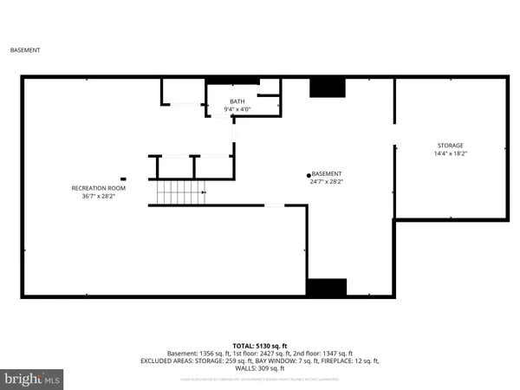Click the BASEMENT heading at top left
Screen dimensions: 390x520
click(x=25, y=50)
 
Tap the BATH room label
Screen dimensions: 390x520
click(x=237, y=101)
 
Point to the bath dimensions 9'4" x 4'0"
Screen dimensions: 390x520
click(x=237, y=110)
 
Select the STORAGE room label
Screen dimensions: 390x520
click(x=449, y=145)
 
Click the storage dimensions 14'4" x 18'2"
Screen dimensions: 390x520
click(x=449, y=153)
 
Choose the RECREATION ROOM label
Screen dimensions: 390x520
click(x=98, y=188)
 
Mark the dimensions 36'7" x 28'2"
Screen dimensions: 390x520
click(x=98, y=197)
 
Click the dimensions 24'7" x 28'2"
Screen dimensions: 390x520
click(x=327, y=182)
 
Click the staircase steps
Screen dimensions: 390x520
click(x=177, y=192)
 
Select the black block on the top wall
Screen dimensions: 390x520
click(x=328, y=87)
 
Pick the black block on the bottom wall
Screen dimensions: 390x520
click(x=327, y=288)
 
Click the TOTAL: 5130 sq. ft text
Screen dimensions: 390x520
click(x=259, y=345)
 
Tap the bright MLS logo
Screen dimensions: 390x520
click(x=33, y=378)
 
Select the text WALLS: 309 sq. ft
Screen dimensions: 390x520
click(x=259, y=367)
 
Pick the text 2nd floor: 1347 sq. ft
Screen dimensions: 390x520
click(x=322, y=353)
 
